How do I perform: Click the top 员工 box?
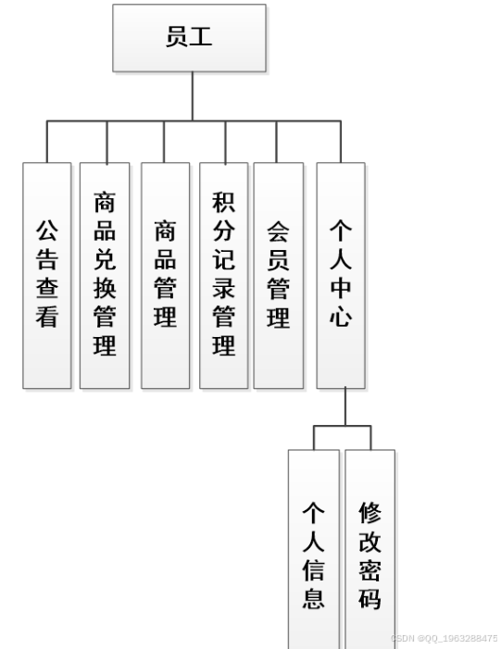click(189, 38)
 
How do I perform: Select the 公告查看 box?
click(47, 275)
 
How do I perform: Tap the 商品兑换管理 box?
click(105, 275)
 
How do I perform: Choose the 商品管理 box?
click(165, 275)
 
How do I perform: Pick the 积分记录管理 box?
click(223, 275)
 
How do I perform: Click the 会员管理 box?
click(278, 275)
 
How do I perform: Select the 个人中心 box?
click(340, 275)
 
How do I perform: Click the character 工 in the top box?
click(202, 38)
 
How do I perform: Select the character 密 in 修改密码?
click(369, 569)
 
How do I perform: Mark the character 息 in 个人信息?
click(313, 597)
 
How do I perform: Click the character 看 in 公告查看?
click(47, 318)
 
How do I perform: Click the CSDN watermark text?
click(444, 638)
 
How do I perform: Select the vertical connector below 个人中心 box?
click(344, 406)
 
